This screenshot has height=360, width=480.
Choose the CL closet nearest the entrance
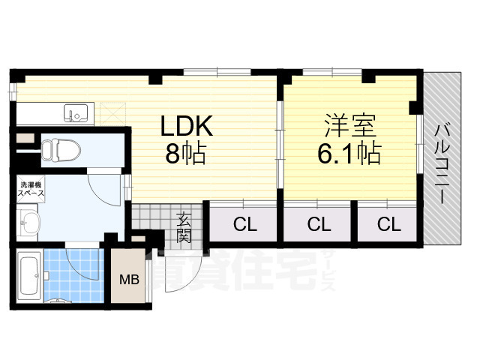tap(241, 223)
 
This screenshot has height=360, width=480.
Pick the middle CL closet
tap(318, 223)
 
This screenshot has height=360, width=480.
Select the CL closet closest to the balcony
tap(387, 223)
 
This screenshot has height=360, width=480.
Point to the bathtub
tap(29, 274)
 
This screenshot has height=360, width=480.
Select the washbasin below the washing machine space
tap(31, 222)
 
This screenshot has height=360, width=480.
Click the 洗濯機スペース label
tap(30, 188)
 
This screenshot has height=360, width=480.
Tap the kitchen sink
tap(77, 113)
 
